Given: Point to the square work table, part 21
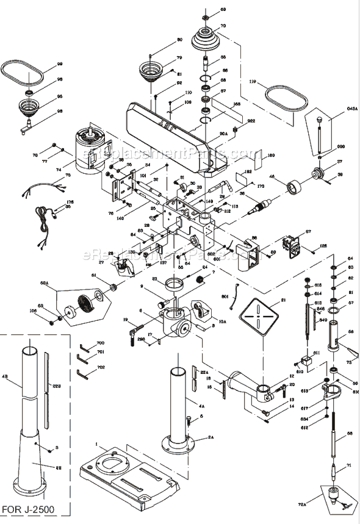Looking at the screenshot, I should tap(258, 317).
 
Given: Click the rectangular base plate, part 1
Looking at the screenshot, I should tap(130, 469).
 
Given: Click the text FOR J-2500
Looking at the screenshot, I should tap(31, 509).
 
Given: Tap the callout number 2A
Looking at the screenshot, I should tap(211, 437).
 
